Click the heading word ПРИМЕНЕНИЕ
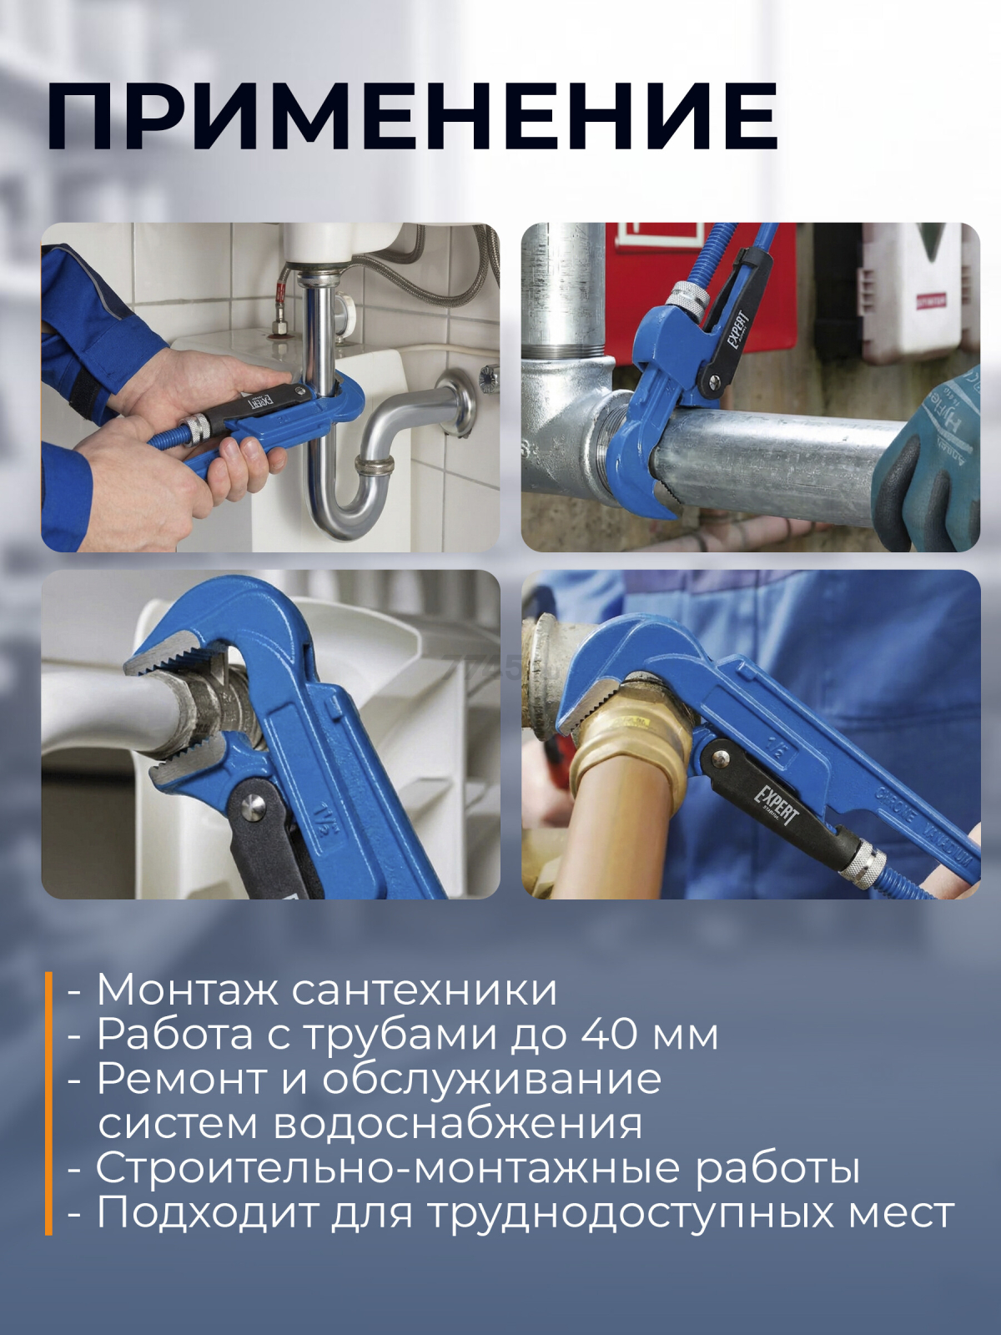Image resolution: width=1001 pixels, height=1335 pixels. pos(411,116)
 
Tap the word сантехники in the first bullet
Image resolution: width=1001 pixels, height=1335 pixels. pos(424,990)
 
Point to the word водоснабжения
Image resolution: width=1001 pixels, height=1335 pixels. pos(457,1123)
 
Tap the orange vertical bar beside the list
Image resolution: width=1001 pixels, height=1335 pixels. pos(48,1102)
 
